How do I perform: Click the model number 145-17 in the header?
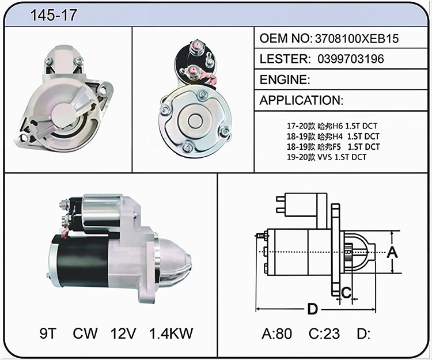point(54,15)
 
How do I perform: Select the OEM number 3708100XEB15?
point(357,38)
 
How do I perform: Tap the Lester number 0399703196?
point(351,59)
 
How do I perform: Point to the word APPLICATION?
point(301,100)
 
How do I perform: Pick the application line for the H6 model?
point(332,126)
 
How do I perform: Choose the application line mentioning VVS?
point(327,157)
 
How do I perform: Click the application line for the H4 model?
point(333,137)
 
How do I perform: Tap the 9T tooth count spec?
point(48,334)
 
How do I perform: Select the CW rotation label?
point(85,334)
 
